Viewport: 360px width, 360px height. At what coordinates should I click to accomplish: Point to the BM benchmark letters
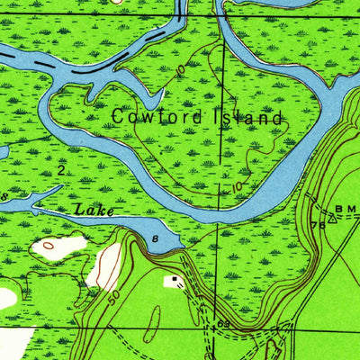point(346,208)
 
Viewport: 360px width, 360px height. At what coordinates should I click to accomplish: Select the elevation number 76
point(317,225)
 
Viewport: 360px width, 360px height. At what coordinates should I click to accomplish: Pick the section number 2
point(60,168)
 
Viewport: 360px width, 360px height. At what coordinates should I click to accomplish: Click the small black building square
point(175,280)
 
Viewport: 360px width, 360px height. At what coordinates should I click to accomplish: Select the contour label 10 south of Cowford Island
point(237,186)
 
